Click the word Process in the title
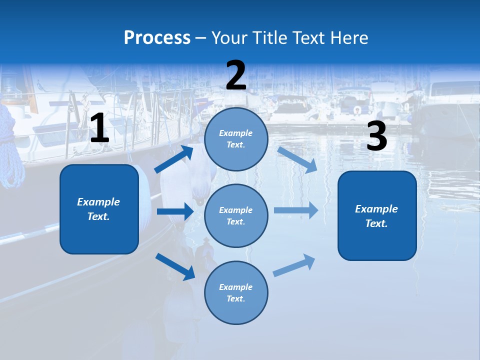157,37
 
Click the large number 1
99,128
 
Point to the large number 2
236,76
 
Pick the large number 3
376,136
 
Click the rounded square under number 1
99,209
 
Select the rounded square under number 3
377,215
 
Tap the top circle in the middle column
236,139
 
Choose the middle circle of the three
236,215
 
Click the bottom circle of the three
236,292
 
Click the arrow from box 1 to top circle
173,159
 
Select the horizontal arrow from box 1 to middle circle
175,211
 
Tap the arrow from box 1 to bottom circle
175,266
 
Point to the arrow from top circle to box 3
297,160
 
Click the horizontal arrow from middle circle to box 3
296,210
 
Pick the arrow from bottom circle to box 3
294,265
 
